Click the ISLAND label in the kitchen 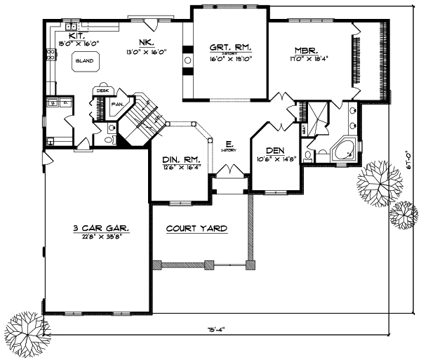[84, 61]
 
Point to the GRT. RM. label [226, 48]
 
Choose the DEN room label [274, 150]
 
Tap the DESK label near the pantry [102, 91]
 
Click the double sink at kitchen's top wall [72, 27]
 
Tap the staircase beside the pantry [146, 112]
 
